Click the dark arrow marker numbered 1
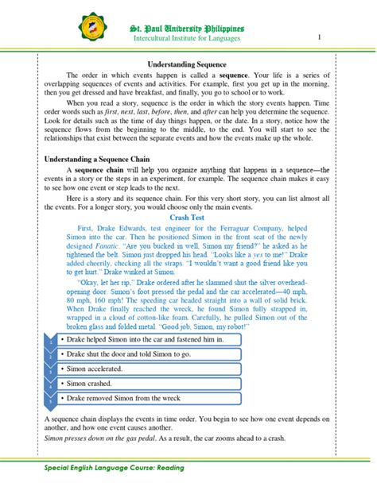(x=50, y=340)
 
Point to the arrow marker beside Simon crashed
(x=50, y=384)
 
